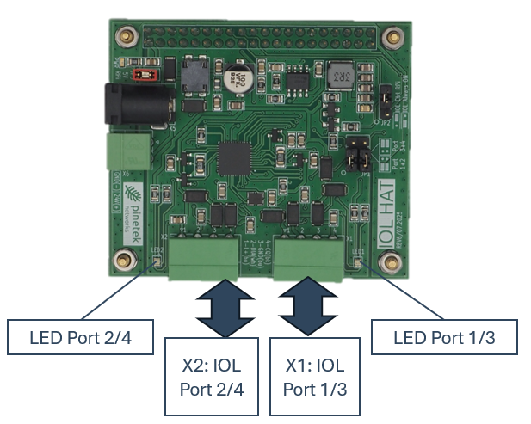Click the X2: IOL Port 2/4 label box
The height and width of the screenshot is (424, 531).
pyautogui.click(x=212, y=378)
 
